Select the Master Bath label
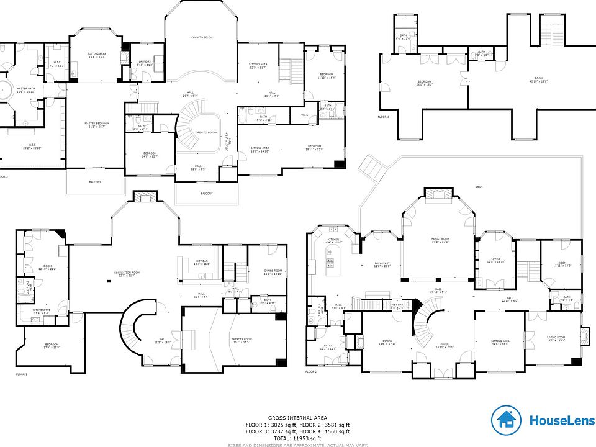25,90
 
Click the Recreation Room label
126,274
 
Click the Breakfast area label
382,264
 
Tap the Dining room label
387,343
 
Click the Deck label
478,187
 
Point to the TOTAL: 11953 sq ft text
297,438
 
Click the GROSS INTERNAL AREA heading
297,418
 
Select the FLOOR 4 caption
383,117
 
